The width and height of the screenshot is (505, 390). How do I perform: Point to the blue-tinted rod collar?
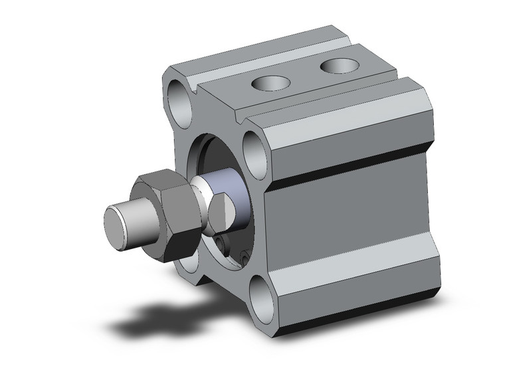(239, 197)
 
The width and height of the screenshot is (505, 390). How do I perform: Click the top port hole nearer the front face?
(270, 84)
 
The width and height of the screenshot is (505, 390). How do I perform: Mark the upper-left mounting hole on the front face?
(179, 99)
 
